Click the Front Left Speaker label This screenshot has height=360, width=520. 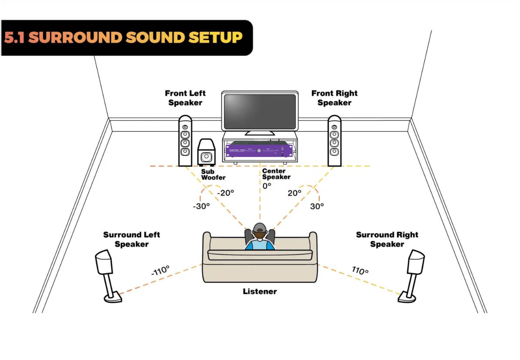pos(185,98)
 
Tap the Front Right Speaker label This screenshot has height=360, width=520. pos(334,98)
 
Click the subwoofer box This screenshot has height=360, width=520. pos(206,153)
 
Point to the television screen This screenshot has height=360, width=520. pos(260,111)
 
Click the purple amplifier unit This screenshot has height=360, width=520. pos(259,150)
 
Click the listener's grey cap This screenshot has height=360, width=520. pos(260,227)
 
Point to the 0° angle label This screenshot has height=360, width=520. pos(266,185)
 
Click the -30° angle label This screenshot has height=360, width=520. pos(201,206)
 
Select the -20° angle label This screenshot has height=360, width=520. pos(227,193)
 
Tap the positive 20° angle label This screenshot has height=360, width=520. pos(294,193)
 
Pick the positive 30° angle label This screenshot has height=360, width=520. pos(317,206)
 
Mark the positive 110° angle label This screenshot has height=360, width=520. pos(360,270)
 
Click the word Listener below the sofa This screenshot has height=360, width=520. pos(260,291)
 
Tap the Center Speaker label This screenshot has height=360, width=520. pos(276,174)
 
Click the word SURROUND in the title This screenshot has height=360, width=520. pos(76,37)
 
